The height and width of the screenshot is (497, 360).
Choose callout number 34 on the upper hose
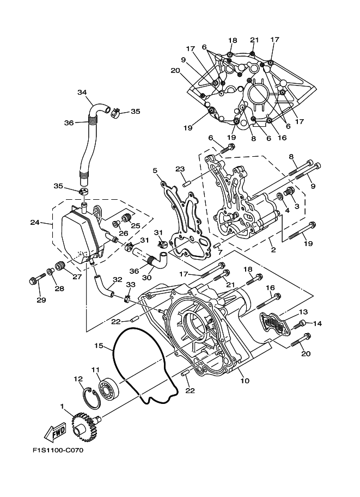(x=82, y=92)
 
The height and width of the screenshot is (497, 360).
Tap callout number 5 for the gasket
(x=155, y=170)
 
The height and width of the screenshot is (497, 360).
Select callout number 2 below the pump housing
(x=273, y=250)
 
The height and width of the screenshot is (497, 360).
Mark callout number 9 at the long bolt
(x=313, y=186)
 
